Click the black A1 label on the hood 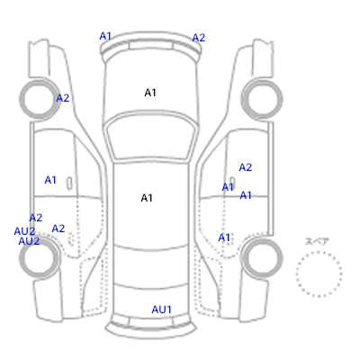(150, 93)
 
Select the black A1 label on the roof (147, 198)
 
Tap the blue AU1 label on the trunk (161, 310)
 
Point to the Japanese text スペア (317, 241)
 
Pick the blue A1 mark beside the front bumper (105, 36)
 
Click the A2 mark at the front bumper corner (199, 38)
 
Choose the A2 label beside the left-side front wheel (63, 98)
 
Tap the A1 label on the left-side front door (50, 180)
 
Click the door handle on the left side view (69, 183)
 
